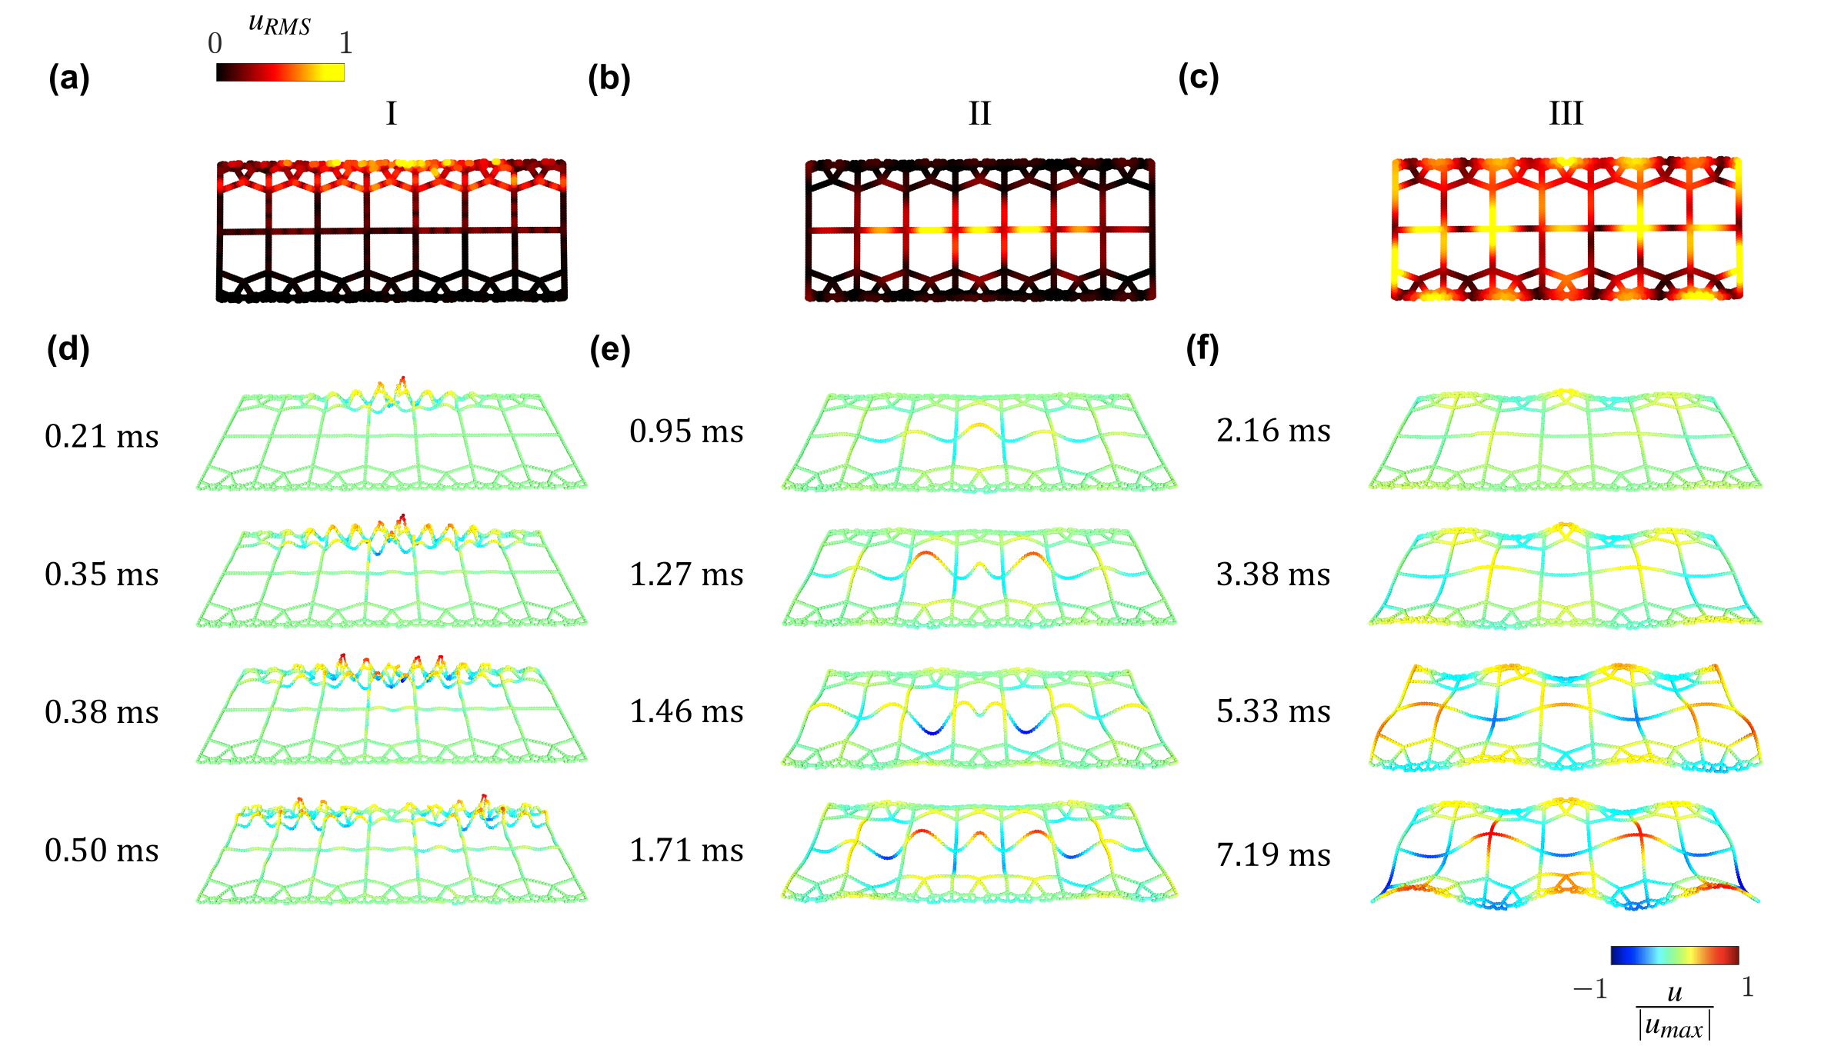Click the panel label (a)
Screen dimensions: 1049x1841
68,78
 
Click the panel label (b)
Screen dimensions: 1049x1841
609,78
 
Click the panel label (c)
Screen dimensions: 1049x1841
1198,78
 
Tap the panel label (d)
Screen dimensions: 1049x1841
68,349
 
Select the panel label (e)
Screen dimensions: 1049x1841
609,349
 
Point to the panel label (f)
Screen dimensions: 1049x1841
1202,349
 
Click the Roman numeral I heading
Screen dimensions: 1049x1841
391,114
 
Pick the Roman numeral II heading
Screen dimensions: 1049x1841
979,114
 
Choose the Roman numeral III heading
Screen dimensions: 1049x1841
1566,114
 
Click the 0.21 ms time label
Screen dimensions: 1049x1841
102,436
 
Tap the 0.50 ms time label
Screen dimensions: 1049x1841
102,850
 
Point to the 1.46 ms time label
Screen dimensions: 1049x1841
686,711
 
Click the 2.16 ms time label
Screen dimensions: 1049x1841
1273,431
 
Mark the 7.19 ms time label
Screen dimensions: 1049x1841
1273,854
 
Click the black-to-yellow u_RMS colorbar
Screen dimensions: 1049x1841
280,72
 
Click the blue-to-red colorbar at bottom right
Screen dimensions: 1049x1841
1674,955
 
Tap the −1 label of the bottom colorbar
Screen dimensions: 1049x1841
1590,988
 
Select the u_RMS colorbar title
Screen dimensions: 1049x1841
279,25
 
